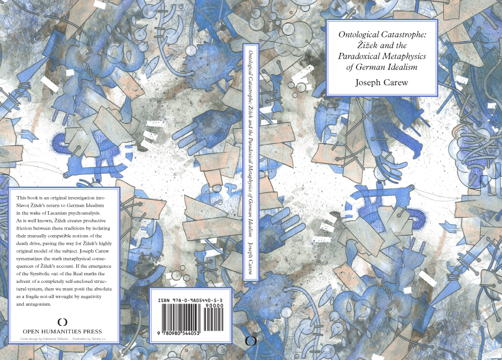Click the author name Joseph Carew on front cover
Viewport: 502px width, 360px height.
(x=381, y=83)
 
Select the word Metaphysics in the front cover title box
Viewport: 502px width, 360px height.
(x=403, y=56)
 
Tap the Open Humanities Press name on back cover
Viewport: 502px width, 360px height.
(x=62, y=331)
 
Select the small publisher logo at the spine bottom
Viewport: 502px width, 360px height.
(x=250, y=341)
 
